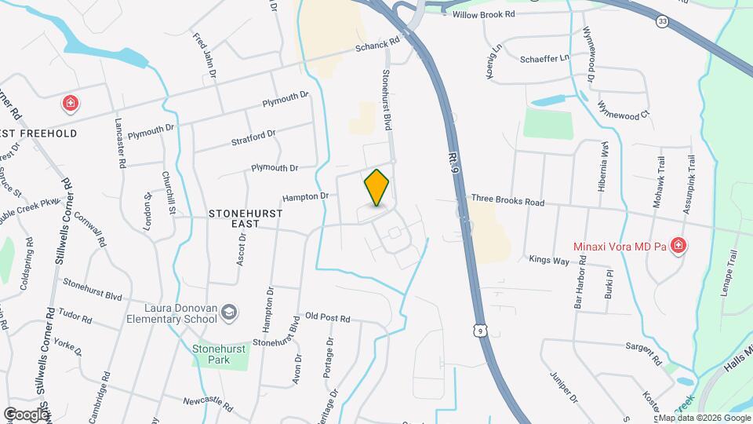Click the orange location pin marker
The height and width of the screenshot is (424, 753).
(x=377, y=187)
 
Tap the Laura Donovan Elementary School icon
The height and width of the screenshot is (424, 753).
(x=229, y=313)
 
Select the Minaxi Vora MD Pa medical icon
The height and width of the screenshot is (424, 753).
(x=678, y=247)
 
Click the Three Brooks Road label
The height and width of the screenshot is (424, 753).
(x=507, y=202)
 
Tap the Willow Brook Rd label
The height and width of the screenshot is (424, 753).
(x=487, y=14)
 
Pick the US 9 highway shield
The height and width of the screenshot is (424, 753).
(x=478, y=331)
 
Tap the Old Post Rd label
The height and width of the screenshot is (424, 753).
(x=328, y=318)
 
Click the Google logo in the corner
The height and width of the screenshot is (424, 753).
(x=26, y=414)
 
